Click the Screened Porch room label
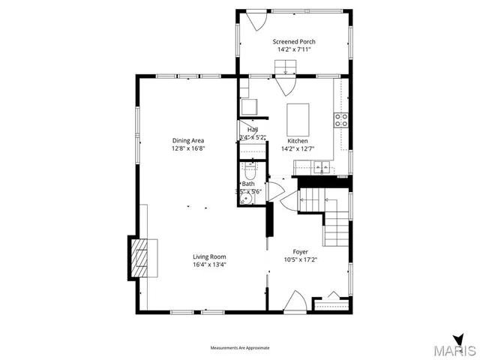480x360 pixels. click(294, 41)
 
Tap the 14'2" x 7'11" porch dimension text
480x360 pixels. click(294, 49)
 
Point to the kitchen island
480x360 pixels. click(298, 118)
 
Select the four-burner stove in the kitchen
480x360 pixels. click(340, 118)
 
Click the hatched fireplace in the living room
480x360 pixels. click(140, 257)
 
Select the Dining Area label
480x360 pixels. click(188, 140)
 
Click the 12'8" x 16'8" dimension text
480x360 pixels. click(188, 148)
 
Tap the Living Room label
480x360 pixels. click(209, 256)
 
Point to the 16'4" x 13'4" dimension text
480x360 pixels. click(209, 264)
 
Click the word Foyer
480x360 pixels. click(300, 252)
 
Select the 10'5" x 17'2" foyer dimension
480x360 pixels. click(300, 260)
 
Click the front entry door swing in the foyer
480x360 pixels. click(295, 303)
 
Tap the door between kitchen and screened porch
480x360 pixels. click(285, 85)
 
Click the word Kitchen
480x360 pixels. click(298, 140)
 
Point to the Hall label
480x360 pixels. click(253, 130)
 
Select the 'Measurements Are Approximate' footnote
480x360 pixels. click(239, 348)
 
